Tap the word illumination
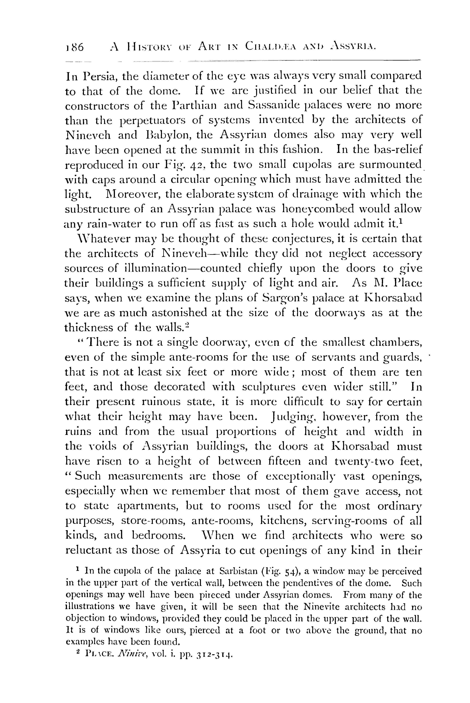click(148, 268)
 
